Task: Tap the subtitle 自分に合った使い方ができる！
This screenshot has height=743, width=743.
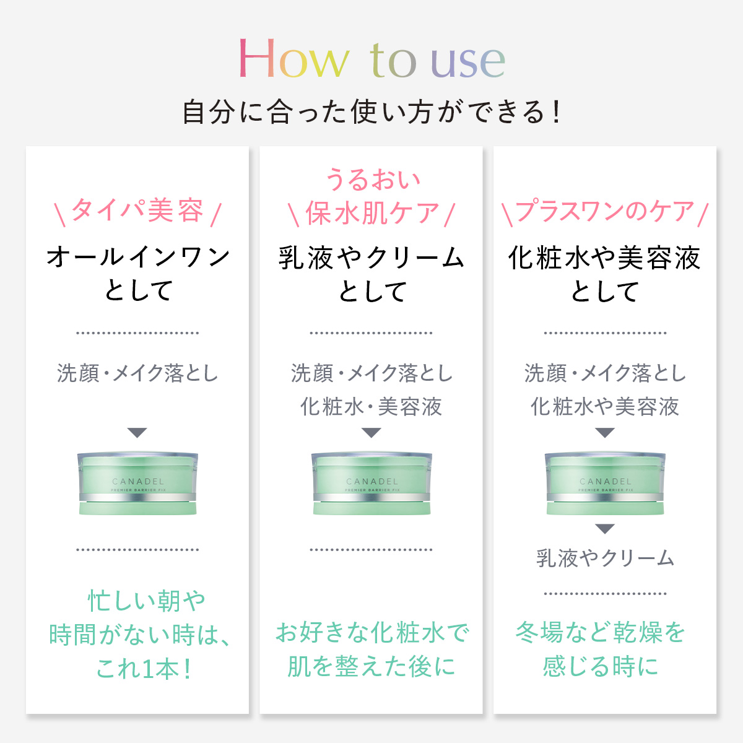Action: coord(371,112)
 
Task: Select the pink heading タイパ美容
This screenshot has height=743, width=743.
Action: coord(137,211)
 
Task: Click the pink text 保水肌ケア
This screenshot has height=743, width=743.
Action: coord(371,214)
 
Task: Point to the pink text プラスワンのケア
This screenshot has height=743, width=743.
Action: coord(605,211)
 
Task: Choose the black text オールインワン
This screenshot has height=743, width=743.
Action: coord(137,256)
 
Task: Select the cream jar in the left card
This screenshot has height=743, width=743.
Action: coord(137,484)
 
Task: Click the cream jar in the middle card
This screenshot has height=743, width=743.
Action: coord(371,484)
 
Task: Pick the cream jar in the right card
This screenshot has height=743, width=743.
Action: coord(605,484)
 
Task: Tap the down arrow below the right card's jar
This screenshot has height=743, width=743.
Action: coord(605,529)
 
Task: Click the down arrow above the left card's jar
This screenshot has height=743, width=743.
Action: coord(137,433)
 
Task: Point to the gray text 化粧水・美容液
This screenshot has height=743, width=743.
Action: coord(371,407)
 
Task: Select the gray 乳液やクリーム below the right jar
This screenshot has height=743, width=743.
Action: coord(605,558)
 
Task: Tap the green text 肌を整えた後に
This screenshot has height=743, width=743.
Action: coord(371,666)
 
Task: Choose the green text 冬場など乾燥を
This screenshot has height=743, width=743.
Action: coord(601,633)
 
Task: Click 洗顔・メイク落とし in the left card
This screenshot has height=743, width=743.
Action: coord(137,373)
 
